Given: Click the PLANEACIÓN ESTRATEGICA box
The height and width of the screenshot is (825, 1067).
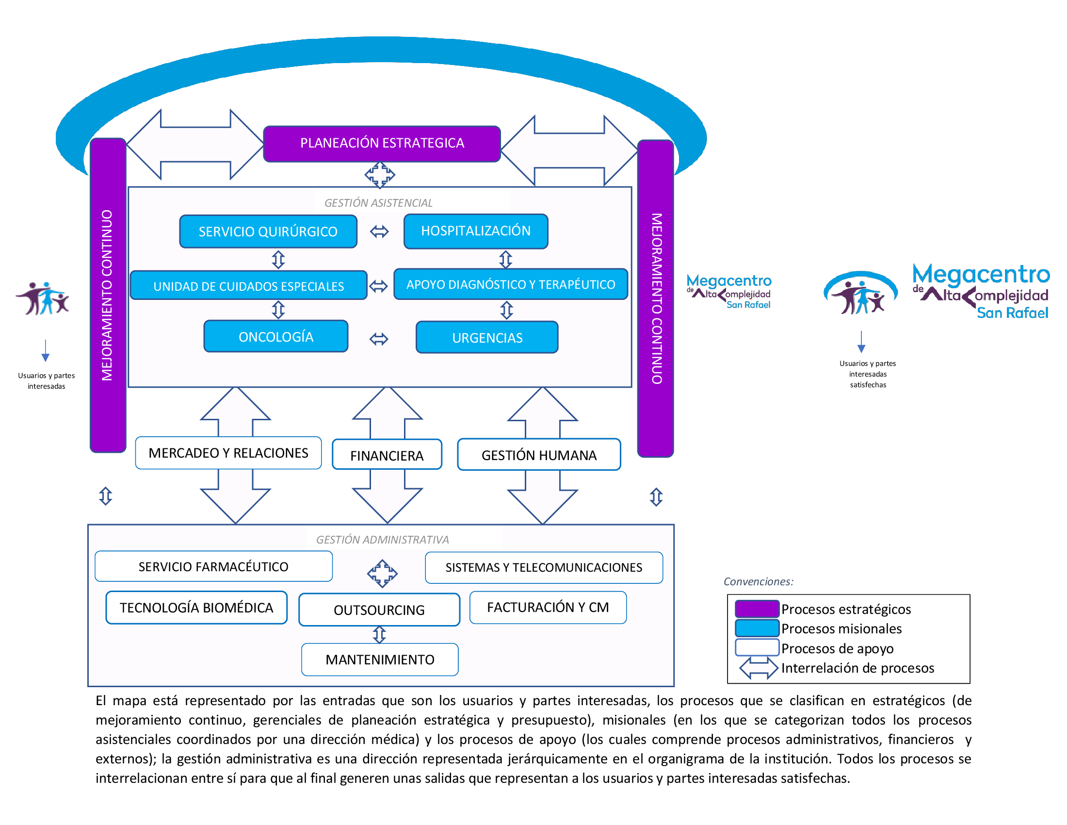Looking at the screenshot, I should pos(382,144).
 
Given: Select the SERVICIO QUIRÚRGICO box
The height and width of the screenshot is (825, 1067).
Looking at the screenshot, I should pos(268,231).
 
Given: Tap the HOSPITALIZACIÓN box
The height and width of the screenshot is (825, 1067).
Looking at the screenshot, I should pos(475,231).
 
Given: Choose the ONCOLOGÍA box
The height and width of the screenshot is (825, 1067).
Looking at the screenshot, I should pos(276,336).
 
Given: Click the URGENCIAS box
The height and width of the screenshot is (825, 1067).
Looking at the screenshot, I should pos(486,337).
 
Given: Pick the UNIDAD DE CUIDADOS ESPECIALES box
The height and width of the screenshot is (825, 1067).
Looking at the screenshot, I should pos(248,285).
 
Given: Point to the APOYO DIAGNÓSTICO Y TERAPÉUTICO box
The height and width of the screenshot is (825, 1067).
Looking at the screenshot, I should pos(510,284).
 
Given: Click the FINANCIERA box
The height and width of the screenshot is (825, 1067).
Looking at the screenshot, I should pos(387,455).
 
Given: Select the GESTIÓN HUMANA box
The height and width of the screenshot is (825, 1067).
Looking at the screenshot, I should pos(538,455).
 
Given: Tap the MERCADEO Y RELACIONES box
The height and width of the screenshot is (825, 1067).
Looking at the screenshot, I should pos(228,453).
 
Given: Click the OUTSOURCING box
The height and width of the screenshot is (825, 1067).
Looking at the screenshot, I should pos(379,610).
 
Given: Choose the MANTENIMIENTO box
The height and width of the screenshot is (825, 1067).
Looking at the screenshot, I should pos(380,660).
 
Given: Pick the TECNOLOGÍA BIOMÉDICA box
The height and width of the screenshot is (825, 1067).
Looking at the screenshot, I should pos(196,608).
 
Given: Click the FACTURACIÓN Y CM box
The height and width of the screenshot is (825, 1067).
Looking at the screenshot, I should pos(548,607).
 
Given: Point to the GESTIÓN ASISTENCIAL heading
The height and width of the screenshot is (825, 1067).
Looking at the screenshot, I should pos(378,203).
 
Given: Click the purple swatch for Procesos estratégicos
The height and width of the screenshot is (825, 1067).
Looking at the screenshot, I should pos(756,609).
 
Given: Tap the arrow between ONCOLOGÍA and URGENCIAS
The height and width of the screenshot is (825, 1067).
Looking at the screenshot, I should pos(379,339).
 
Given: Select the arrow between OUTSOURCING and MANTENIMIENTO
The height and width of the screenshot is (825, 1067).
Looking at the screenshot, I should pos(380,635).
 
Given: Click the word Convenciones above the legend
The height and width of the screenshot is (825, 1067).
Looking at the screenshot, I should pos(758,581).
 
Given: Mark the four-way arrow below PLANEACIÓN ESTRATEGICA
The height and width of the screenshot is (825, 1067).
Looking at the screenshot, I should pos(380,175).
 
